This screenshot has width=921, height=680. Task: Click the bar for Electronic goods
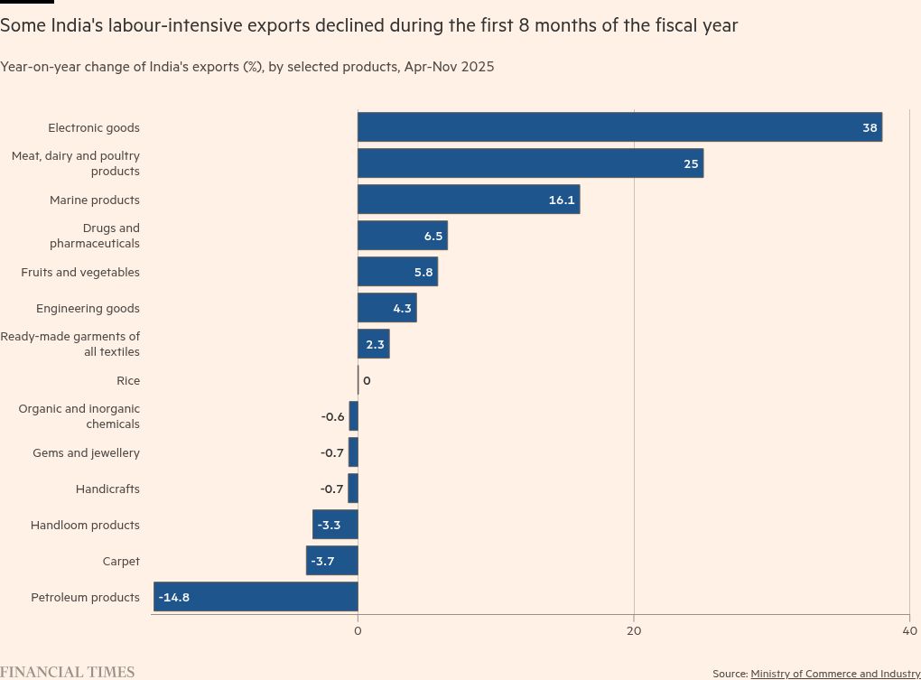coord(619,127)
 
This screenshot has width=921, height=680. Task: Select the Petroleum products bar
coord(256,597)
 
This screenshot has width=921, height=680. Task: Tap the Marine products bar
coord(469,200)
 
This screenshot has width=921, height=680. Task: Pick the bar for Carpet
coord(332,561)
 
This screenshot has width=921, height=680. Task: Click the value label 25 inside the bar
coord(691,163)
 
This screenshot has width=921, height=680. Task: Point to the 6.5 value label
coord(433,236)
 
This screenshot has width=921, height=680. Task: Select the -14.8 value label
coord(173,597)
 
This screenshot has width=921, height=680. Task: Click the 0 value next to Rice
coord(367,380)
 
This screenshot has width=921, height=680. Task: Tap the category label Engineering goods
coord(88,308)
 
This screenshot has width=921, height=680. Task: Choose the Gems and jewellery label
coord(86,452)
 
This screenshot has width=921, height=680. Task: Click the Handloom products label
coord(85,525)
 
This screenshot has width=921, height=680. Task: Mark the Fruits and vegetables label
coord(80,272)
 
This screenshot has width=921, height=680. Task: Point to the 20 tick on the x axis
coord(634,630)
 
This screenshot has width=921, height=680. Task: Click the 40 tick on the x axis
coord(909,630)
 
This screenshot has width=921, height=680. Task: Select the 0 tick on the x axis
coord(358,630)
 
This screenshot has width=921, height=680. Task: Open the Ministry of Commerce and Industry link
coord(835,674)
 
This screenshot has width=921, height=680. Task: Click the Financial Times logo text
coord(68,672)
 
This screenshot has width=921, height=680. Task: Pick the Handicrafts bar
coord(353,489)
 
